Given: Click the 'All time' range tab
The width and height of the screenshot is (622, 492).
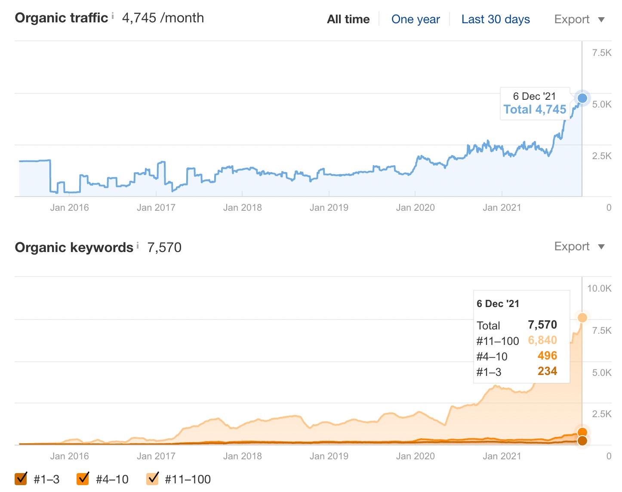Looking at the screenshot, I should point(348,19).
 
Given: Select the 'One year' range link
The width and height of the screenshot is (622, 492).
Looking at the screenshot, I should point(416,19).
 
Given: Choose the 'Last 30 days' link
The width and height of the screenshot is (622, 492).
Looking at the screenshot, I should point(496,19).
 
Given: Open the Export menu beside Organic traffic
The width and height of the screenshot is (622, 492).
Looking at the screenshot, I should point(579,19).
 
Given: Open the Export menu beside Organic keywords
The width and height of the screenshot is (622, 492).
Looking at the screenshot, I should point(579,246).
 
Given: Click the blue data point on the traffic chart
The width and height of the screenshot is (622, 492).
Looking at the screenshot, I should point(582,98).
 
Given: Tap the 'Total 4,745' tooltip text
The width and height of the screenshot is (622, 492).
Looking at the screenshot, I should point(535,109).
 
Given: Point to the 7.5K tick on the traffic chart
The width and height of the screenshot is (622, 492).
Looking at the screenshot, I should point(601,53).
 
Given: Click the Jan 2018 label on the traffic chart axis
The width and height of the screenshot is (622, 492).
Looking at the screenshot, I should point(242,208).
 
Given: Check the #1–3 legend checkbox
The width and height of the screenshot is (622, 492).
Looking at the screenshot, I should point(21,478).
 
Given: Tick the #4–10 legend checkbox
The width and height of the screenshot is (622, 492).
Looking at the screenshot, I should point(83,478).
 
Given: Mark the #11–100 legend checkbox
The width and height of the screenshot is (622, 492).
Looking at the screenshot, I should point(153,478).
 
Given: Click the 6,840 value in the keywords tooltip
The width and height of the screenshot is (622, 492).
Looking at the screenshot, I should point(542,340).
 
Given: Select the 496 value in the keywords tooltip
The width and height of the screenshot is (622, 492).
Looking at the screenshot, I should point(547,356).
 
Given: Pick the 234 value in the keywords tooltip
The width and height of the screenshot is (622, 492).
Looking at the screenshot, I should point(547,371).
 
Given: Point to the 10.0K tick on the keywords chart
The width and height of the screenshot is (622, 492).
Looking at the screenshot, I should point(599,289).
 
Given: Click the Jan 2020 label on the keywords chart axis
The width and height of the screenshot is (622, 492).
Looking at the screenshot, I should point(415,456).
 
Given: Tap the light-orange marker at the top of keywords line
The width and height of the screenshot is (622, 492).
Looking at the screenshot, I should point(582,318).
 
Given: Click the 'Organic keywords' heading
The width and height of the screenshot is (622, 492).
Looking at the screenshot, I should point(74,247).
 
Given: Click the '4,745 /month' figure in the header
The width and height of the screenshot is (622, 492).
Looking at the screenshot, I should point(163,18).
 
